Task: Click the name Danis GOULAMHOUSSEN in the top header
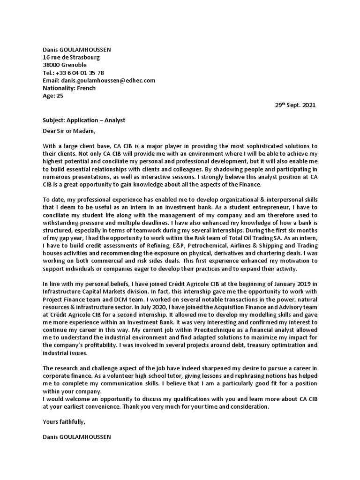click(77, 50)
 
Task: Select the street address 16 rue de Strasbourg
click(71, 57)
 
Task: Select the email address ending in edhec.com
click(108, 81)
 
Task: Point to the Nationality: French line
click(69, 88)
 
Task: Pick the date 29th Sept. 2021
click(295, 105)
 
